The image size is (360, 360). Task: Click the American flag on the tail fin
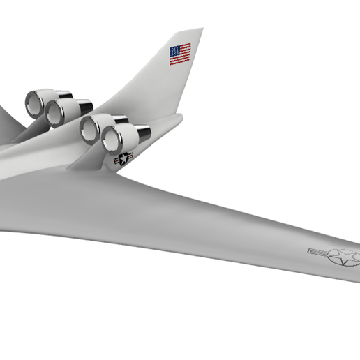[x=180, y=54]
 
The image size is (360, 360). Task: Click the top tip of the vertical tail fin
[x=200, y=30]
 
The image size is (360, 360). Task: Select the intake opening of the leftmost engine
[x=33, y=103]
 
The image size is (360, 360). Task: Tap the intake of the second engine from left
[x=54, y=113]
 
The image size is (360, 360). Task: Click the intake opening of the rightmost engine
[x=111, y=140]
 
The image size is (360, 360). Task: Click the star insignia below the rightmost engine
[x=123, y=160]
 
